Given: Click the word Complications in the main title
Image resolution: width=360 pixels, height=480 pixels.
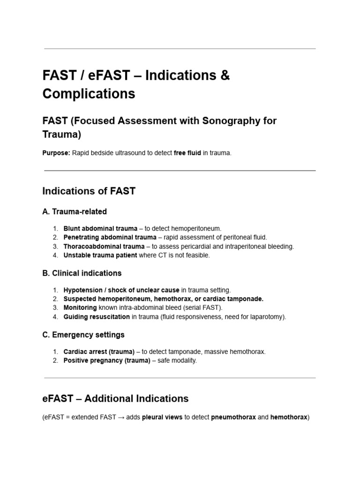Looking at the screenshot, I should click(89, 94).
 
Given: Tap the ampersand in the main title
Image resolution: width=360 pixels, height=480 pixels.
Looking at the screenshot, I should click(225, 75).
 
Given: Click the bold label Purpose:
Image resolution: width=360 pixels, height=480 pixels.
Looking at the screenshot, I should click(56, 153).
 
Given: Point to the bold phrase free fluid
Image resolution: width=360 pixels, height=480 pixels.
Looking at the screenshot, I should click(187, 153).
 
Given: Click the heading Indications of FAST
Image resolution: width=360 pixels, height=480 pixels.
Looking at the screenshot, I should click(89, 191).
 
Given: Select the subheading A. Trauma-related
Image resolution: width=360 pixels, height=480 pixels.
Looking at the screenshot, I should click(75, 212).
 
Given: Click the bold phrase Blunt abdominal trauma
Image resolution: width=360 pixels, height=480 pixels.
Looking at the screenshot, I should click(100, 228).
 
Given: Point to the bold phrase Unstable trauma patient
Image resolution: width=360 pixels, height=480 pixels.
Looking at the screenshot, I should click(100, 255).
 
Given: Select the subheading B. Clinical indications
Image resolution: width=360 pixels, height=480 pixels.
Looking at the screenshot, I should click(82, 273).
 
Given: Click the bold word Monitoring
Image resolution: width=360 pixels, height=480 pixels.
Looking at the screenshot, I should click(80, 308).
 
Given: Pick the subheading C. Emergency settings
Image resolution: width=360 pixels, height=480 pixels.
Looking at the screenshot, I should click(83, 335).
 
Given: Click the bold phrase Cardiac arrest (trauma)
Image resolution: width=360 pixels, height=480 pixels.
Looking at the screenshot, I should click(99, 352).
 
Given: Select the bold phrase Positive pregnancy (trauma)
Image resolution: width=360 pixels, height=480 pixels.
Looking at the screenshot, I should click(107, 360).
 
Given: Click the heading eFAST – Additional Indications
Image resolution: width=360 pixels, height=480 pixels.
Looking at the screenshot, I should click(115, 399).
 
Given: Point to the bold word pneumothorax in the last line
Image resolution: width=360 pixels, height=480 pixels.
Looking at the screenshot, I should click(233, 417).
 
